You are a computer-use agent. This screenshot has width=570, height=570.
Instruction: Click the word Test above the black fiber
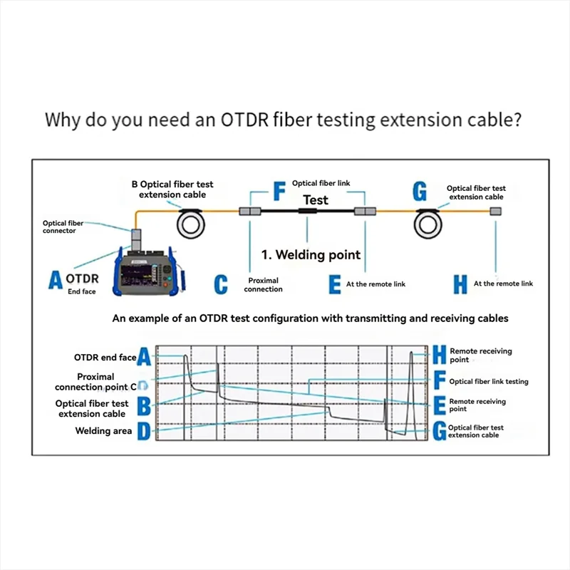[316, 200]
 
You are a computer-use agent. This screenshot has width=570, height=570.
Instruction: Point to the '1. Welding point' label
[311, 254]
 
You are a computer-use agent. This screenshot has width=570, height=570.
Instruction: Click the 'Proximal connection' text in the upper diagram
[263, 284]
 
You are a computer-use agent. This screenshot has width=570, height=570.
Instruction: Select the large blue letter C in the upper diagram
[221, 284]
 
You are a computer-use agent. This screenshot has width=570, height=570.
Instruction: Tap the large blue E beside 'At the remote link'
[335, 284]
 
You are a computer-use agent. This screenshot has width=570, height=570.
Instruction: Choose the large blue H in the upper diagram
[461, 284]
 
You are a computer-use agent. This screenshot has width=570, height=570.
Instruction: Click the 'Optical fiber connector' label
[63, 227]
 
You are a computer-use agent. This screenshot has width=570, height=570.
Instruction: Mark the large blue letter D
[144, 430]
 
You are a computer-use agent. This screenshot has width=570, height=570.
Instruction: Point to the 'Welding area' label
[103, 431]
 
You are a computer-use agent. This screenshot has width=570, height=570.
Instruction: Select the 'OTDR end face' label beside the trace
[105, 357]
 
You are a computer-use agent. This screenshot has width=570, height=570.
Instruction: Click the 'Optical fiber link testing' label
[489, 382]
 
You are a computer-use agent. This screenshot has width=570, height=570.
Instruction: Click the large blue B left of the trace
[144, 407]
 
